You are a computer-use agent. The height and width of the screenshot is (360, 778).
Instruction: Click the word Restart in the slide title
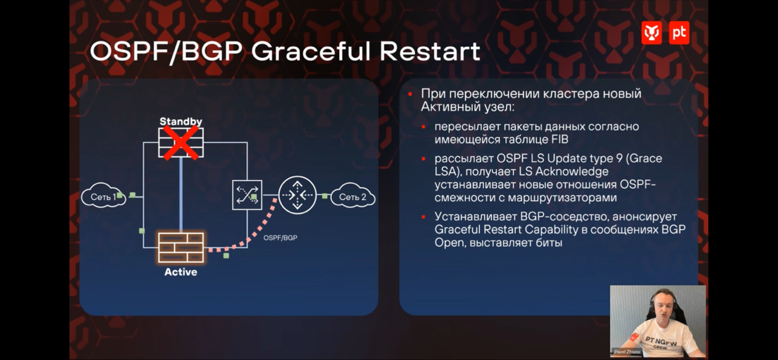[x=430, y=52]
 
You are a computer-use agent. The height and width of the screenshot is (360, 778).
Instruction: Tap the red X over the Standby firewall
[x=181, y=142]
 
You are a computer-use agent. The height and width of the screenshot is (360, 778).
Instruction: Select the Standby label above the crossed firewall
[x=181, y=121]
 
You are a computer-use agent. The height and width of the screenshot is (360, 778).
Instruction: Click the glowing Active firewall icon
[x=181, y=247]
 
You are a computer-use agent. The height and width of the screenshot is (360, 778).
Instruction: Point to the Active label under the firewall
[x=181, y=272]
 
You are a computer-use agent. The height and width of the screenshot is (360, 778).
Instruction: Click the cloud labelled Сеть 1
[x=103, y=196]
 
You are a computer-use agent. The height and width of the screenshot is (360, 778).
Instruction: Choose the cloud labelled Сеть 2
[x=353, y=196]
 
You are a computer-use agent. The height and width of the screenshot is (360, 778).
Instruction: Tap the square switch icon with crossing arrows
[x=247, y=195]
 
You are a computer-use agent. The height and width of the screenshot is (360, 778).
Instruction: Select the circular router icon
[x=298, y=195]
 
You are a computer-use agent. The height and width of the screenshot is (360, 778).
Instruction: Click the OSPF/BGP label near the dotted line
[x=280, y=238]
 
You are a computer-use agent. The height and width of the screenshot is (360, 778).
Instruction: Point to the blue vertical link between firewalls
[x=181, y=195]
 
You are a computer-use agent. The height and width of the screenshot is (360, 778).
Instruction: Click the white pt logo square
[x=679, y=33]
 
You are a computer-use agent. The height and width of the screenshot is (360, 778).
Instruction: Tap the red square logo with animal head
[x=652, y=33]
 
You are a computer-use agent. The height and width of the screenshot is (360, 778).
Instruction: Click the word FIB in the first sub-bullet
[x=560, y=140]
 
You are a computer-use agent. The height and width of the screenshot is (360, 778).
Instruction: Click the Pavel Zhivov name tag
[x=627, y=351]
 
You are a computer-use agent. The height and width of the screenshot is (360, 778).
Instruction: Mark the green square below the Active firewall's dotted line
[x=226, y=256]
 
